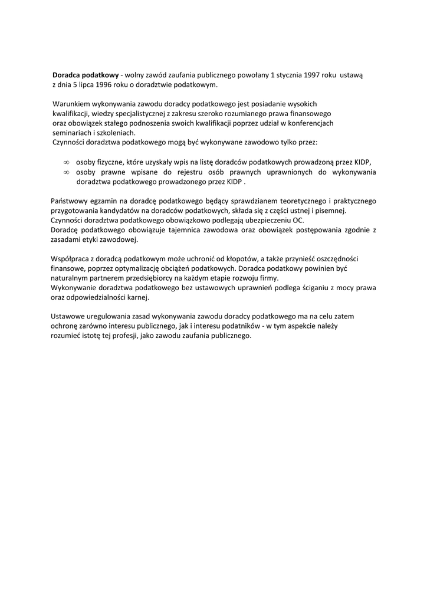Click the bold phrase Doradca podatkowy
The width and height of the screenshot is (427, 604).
[86, 75]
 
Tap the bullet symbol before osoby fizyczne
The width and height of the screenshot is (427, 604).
[66, 162]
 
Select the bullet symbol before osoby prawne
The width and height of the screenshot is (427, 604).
[66, 172]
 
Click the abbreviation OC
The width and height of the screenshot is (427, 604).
[298, 220]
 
